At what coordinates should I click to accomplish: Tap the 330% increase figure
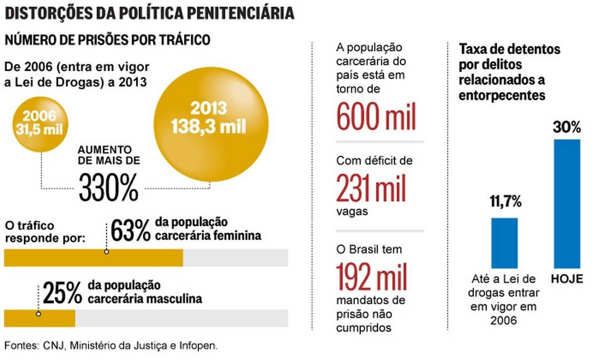pos(109,188)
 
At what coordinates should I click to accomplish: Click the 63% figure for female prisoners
pos(130,231)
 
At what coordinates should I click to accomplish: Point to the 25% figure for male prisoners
pos(62,293)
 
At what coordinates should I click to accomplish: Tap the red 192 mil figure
pos(372,278)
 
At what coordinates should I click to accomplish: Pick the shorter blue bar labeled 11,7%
pos(504,242)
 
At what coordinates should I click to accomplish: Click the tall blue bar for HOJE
pos(567,203)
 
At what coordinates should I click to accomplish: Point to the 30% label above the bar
pos(567,128)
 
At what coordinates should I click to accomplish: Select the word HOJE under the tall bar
pos(567,279)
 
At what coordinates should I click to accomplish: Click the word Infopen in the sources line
pos(198,346)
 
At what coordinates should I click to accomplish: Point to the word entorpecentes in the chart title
pos(502,95)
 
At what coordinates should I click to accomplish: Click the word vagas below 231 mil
pos(351,211)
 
